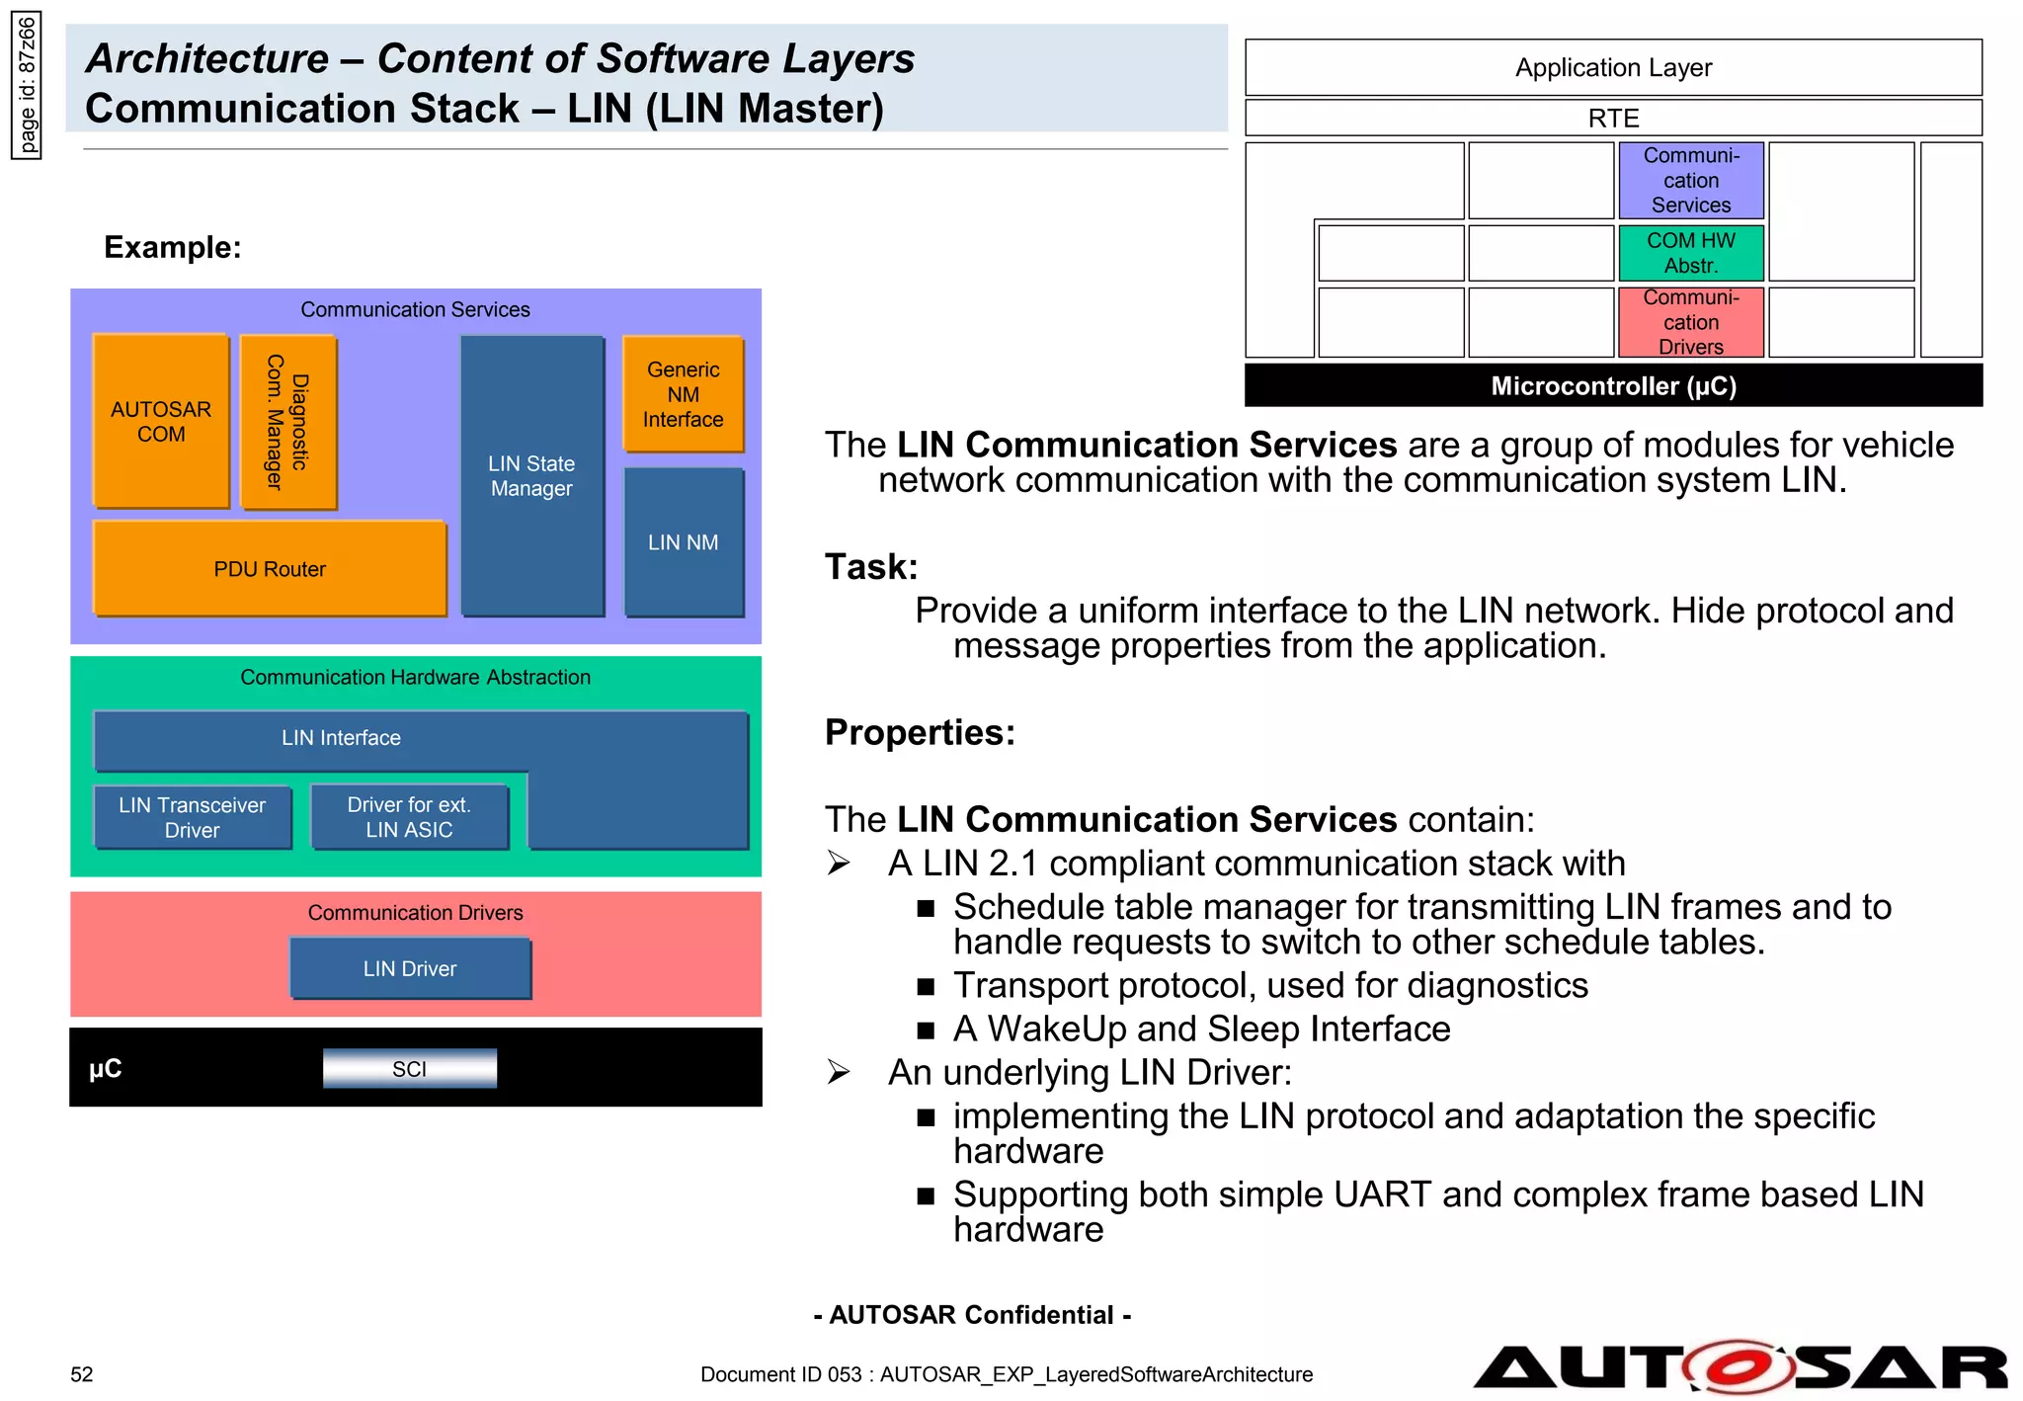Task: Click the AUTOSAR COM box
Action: [x=161, y=422]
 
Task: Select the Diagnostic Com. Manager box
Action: [x=287, y=422]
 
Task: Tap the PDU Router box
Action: [x=270, y=569]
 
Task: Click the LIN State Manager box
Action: [x=531, y=476]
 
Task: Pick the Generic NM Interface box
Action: [x=683, y=394]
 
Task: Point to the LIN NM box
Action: [x=683, y=542]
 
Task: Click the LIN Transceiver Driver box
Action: [x=193, y=817]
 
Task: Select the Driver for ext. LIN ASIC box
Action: [x=409, y=817]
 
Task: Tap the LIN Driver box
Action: [x=410, y=968]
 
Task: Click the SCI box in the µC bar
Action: [x=409, y=1068]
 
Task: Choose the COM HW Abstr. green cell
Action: [x=1690, y=253]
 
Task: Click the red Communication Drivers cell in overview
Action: [x=1690, y=322]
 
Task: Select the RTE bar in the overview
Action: [x=1613, y=118]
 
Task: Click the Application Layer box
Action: [x=1613, y=67]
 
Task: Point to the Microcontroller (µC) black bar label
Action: [x=1613, y=385]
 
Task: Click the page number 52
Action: [x=82, y=1374]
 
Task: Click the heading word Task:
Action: [x=871, y=567]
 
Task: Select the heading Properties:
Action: [x=920, y=732]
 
